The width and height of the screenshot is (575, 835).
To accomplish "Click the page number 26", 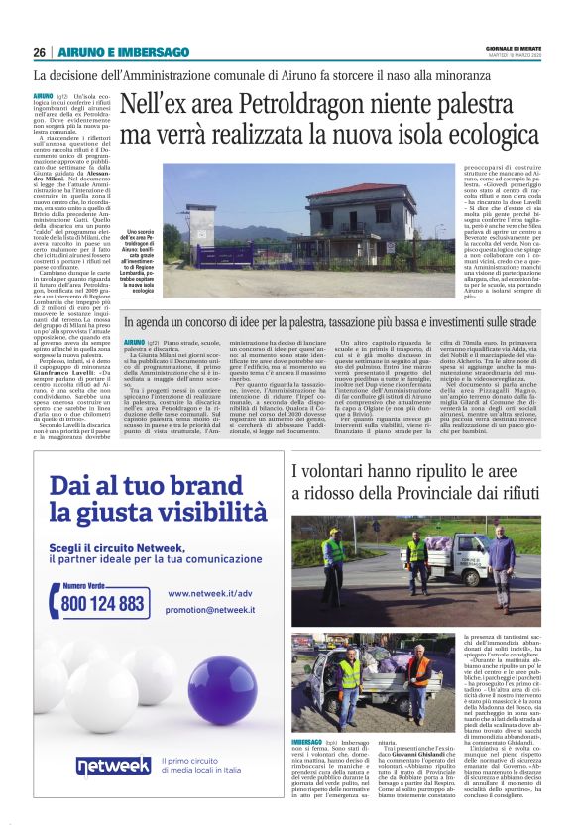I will click(39, 52).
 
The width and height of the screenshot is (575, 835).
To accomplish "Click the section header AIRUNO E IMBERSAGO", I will click(123, 52).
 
